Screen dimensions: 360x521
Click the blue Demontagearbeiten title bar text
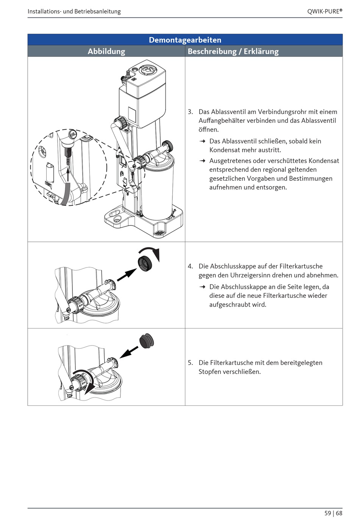(185, 40)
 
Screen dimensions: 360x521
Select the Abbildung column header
(106, 51)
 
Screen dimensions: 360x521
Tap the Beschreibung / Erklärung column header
(233, 51)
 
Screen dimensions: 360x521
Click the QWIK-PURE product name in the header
(325, 11)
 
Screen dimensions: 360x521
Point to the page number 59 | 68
(333, 513)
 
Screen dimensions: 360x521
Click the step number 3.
(190, 112)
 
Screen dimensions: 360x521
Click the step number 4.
(190, 266)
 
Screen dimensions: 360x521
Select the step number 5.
(190, 363)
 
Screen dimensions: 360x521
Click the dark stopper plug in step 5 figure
(147, 342)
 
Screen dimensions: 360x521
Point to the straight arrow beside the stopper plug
(129, 352)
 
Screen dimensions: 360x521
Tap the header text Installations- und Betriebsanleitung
(74, 11)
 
